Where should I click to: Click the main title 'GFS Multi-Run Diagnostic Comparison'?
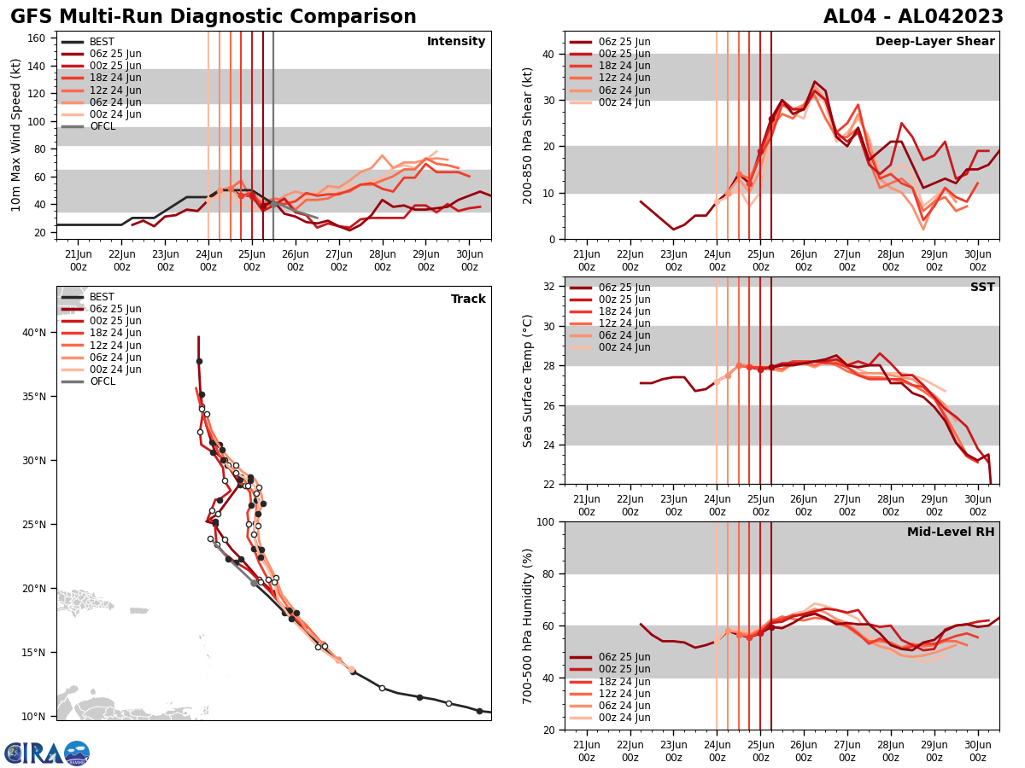[x=214, y=17]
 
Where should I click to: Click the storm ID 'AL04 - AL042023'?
[x=913, y=17]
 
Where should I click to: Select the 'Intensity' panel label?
[x=456, y=42]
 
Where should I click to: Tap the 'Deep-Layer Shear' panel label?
[x=934, y=42]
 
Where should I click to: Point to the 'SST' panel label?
[x=981, y=288]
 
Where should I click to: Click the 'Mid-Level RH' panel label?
[x=951, y=532]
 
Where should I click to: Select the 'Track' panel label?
[x=468, y=300]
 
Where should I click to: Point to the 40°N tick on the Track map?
[x=33, y=333]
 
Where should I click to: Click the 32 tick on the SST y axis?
[x=550, y=287]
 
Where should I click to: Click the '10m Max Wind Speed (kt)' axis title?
[x=15, y=135]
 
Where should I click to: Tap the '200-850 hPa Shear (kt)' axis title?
[x=528, y=135]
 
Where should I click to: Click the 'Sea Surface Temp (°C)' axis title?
[x=528, y=381]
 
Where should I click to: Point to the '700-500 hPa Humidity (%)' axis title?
[x=528, y=625]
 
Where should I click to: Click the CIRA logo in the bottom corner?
[x=47, y=753]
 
